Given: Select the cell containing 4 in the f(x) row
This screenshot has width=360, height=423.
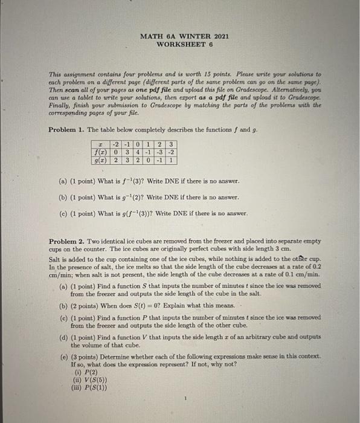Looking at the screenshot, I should click(137, 152).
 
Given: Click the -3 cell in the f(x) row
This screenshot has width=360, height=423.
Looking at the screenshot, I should click(161, 152).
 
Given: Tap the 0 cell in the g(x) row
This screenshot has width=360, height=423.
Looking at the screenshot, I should click(149, 161).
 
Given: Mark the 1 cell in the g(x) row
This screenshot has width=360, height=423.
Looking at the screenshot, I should click(172, 161).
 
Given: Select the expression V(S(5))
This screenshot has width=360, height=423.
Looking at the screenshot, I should click(88, 380).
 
